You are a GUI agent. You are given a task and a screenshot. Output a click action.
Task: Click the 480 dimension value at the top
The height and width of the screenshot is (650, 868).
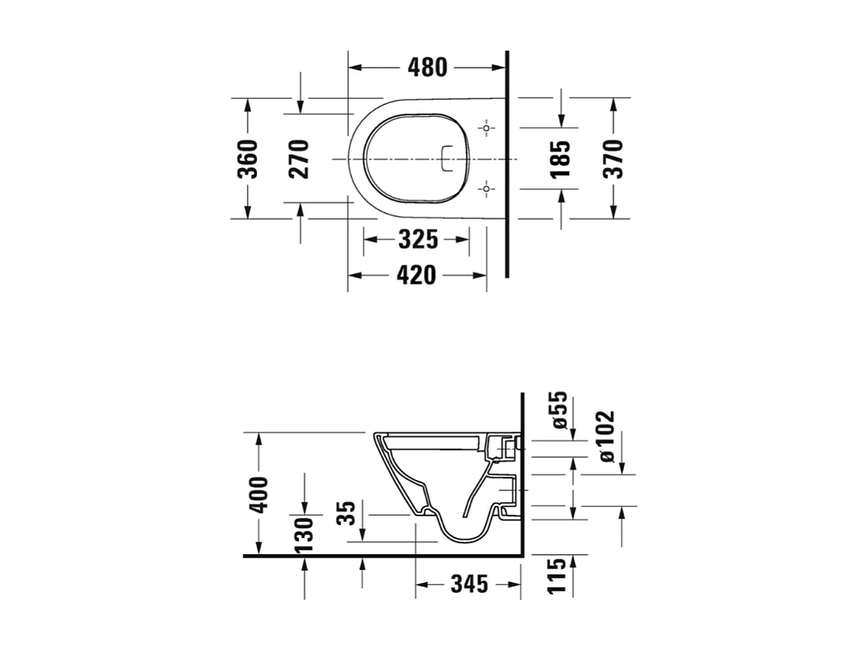pos(426,68)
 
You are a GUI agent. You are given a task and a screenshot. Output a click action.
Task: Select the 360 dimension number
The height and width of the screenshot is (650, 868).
pos(249,159)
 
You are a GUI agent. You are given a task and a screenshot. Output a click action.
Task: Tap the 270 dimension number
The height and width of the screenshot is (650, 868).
pos(299,159)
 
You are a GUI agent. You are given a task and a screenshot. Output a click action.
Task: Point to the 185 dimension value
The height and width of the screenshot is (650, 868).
pos(561,159)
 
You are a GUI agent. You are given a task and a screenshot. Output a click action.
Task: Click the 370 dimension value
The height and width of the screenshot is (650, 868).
pos(613,159)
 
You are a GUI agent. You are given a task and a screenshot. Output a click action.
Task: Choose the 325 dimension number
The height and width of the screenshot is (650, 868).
pos(417,239)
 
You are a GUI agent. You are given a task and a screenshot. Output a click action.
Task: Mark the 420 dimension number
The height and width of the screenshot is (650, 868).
pos(417,275)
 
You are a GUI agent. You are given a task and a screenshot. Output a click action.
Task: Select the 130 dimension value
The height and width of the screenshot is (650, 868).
pos(304,534)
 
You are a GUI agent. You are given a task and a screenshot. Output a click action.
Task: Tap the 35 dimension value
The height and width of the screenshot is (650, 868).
pos(347,513)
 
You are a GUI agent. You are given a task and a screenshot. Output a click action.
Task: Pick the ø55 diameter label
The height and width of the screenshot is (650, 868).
pos(559,411)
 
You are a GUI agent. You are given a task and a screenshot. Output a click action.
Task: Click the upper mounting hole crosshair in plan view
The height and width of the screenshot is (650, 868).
pos(486,128)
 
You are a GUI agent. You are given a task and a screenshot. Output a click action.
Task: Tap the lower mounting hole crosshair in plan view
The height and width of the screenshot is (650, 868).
pos(486,189)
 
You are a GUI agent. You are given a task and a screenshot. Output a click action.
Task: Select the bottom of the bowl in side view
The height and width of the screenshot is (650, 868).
pos(466,537)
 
